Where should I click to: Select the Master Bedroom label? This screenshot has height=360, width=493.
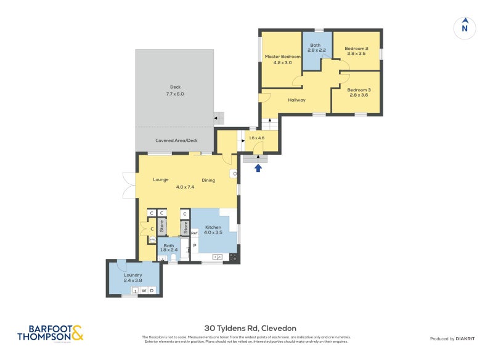click(x=278, y=59)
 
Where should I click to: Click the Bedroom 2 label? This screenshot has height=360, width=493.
click(x=356, y=51)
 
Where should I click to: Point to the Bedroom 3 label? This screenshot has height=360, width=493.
click(x=358, y=92)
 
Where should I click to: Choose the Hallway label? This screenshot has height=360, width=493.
click(x=296, y=100)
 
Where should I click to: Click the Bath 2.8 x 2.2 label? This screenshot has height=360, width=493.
click(x=315, y=47)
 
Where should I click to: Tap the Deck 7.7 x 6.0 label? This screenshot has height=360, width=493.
click(x=175, y=90)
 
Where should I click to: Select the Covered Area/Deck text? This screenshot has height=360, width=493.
click(x=176, y=141)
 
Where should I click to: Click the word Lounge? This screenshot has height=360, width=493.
click(x=161, y=180)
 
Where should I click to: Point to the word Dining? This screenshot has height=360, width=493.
click(x=208, y=180)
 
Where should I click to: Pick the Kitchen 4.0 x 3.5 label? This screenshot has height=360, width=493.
click(x=213, y=229)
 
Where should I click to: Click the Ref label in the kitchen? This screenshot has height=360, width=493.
click(x=194, y=233)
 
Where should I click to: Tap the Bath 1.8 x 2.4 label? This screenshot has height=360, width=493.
click(x=169, y=248)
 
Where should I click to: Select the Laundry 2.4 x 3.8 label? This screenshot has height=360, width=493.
click(x=133, y=277)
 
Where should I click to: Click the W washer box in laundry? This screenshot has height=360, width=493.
click(x=144, y=290)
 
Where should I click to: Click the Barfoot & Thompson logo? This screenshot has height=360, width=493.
click(x=50, y=333)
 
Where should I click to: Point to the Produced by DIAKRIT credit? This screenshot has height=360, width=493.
click(x=453, y=338)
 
